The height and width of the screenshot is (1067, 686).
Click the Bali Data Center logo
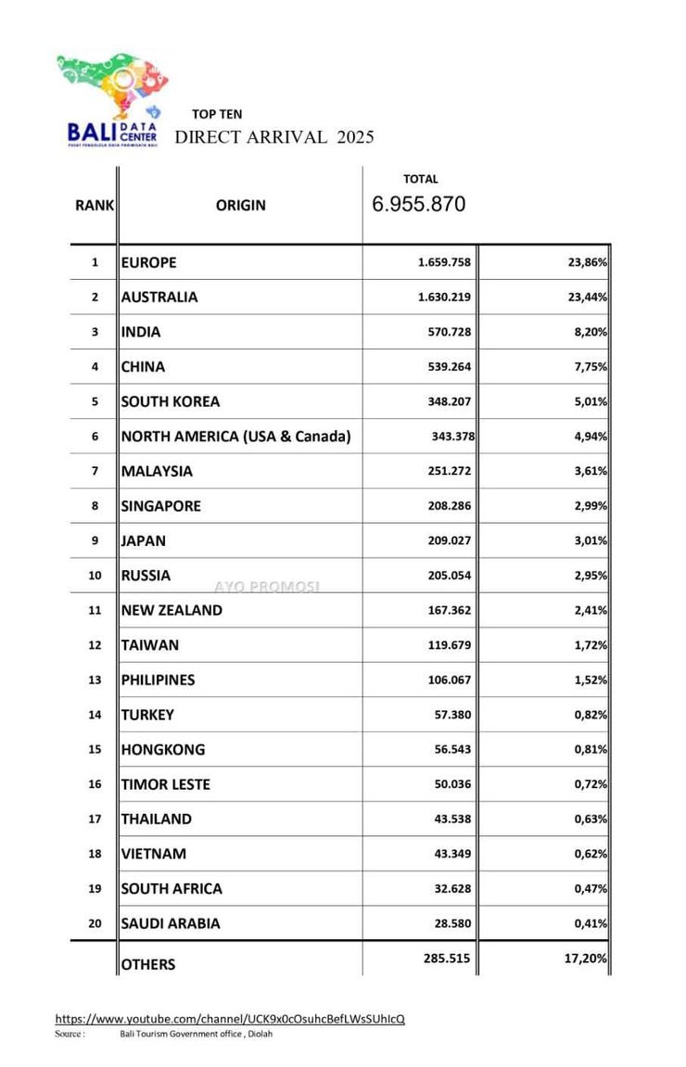tap(111, 100)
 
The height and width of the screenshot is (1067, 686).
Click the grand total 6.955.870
tap(419, 205)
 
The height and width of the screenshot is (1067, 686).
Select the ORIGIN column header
tap(240, 205)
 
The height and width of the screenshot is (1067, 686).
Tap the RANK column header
tap(95, 205)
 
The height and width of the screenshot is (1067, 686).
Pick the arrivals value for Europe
tap(444, 262)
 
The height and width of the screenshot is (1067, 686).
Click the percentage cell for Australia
tap(588, 298)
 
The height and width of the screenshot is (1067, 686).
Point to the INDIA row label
tap(141, 332)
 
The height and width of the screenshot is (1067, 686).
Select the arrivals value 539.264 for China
tap(448, 367)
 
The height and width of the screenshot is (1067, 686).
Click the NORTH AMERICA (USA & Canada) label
tap(235, 437)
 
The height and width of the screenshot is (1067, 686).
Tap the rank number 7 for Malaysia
tap(95, 471)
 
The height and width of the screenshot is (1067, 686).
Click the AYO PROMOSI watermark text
tap(267, 587)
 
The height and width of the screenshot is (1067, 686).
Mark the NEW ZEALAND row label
tap(171, 610)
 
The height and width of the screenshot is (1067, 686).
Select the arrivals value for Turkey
tap(451, 715)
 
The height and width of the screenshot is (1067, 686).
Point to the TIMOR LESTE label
tap(166, 784)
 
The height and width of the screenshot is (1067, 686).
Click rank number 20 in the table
tap(95, 923)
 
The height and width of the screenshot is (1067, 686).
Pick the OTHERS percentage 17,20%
tap(587, 959)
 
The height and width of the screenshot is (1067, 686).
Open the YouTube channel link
tap(230, 1019)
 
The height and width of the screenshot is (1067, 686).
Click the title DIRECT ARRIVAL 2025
tap(274, 137)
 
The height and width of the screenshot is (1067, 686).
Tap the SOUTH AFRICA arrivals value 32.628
tap(451, 888)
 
